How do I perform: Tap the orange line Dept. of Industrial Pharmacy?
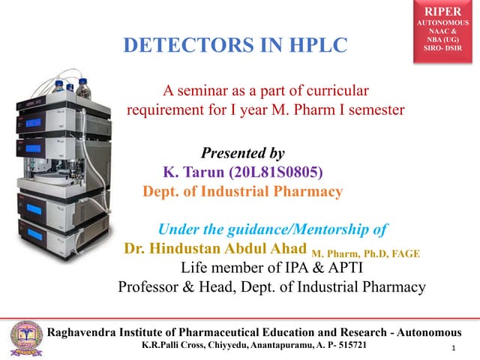click(x=242, y=191)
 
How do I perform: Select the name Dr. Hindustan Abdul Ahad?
click(x=215, y=249)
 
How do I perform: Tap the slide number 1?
click(x=454, y=349)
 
